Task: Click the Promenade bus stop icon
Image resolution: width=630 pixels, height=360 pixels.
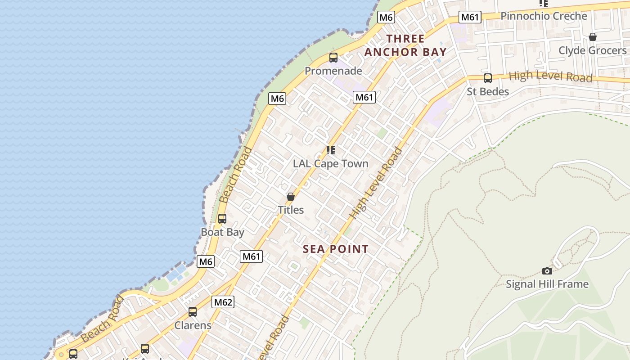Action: [x=333, y=58]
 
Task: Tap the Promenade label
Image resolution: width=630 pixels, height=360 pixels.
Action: [x=333, y=71]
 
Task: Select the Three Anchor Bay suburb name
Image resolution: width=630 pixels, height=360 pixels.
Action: [x=405, y=45]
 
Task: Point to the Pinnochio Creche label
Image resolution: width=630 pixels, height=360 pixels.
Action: [x=544, y=16]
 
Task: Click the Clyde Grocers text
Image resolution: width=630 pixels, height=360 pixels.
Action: [x=592, y=50]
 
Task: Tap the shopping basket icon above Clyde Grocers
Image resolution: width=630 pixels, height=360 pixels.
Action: [x=593, y=37]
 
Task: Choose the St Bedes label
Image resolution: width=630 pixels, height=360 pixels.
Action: [x=488, y=92]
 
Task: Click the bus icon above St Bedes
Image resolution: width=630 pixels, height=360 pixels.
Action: [x=488, y=78]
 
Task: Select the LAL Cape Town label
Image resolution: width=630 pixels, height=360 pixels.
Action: [x=331, y=164]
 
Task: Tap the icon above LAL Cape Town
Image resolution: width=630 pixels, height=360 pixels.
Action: [x=331, y=150]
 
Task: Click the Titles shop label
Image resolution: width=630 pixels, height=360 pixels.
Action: [x=291, y=210]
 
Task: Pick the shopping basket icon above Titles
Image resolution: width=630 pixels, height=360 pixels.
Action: [x=291, y=197]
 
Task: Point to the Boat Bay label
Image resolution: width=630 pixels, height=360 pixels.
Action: [x=222, y=232]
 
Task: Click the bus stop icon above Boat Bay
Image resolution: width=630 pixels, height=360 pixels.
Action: [x=222, y=219]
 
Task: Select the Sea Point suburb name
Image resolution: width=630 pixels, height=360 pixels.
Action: [x=336, y=249]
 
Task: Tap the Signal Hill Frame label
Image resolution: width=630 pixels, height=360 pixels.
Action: [x=547, y=284]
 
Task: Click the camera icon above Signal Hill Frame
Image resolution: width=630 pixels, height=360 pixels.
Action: [x=547, y=271]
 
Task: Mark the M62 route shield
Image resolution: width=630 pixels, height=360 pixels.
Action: [x=223, y=302]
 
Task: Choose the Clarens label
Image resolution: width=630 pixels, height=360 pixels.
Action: [x=193, y=325]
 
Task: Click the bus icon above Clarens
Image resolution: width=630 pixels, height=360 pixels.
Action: [x=193, y=311]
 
